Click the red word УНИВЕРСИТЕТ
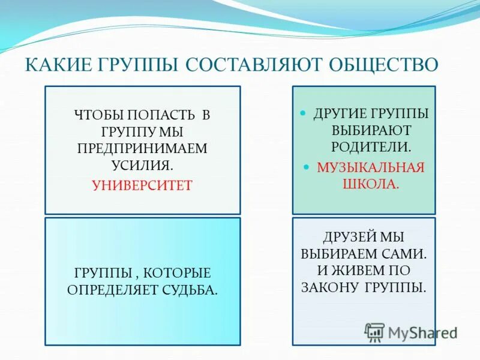point(142,185)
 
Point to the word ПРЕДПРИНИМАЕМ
point(142,148)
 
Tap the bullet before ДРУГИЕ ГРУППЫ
point(302,113)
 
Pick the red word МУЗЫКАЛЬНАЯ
point(370,168)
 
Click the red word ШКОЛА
point(370,184)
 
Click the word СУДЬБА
point(190,290)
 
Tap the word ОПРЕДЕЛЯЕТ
point(112,290)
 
